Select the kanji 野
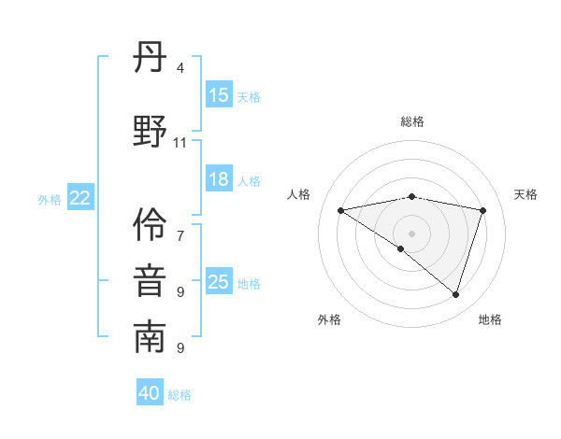pyautogui.click(x=150, y=131)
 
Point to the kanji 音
pyautogui.click(x=150, y=281)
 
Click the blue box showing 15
pyautogui.click(x=219, y=95)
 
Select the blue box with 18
pyautogui.click(x=219, y=179)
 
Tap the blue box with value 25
pyautogui.click(x=219, y=282)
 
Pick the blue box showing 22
pyautogui.click(x=80, y=198)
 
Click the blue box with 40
pyautogui.click(x=150, y=393)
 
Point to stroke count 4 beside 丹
pyautogui.click(x=180, y=68)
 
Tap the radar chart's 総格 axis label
pyautogui.click(x=412, y=121)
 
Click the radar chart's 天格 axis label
pyautogui.click(x=525, y=194)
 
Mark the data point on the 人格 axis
pyautogui.click(x=341, y=210)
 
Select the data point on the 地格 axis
pyautogui.click(x=456, y=294)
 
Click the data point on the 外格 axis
pyautogui.click(x=401, y=248)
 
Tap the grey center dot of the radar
pyautogui.click(x=411, y=233)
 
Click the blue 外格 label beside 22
pyautogui.click(x=50, y=199)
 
